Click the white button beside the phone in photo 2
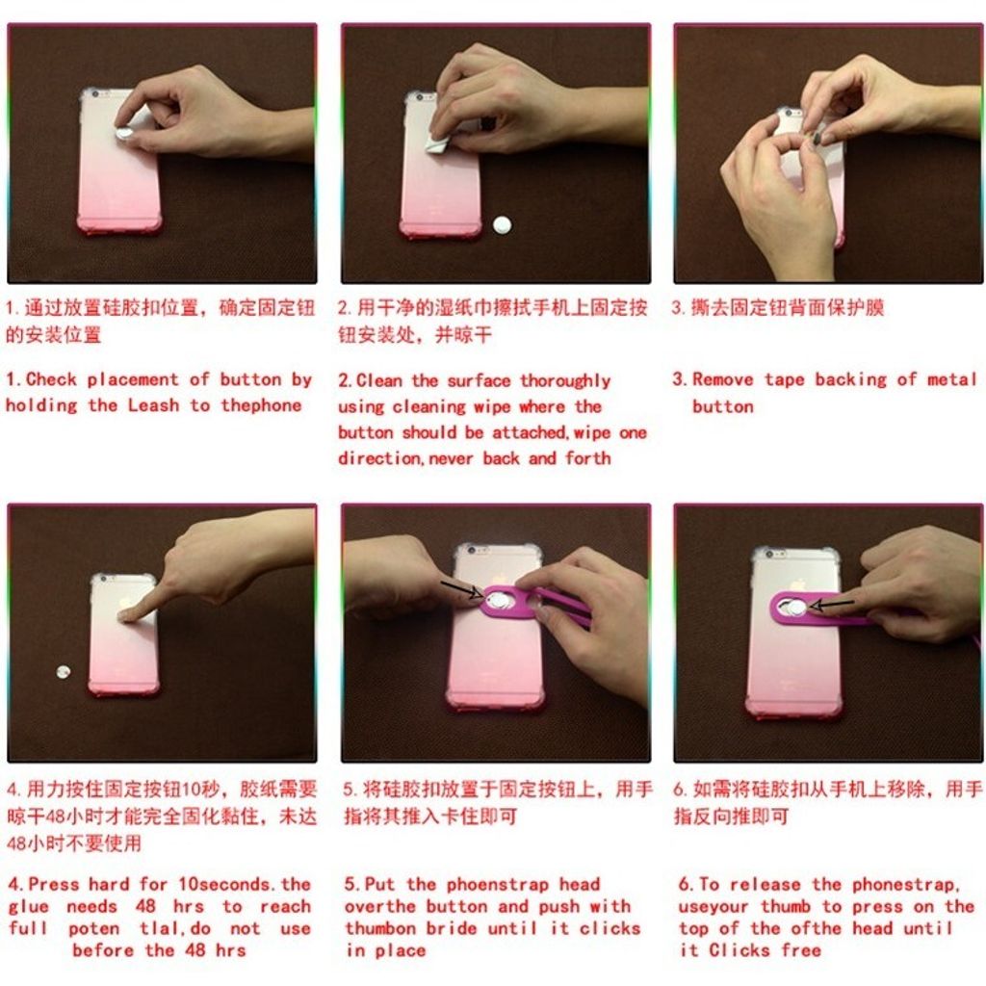tap(502, 225)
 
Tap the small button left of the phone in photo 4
tap(63, 672)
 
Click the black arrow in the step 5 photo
tap(462, 588)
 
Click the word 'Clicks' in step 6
tap(739, 949)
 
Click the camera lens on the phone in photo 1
tap(94, 94)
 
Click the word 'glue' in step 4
tap(28, 908)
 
